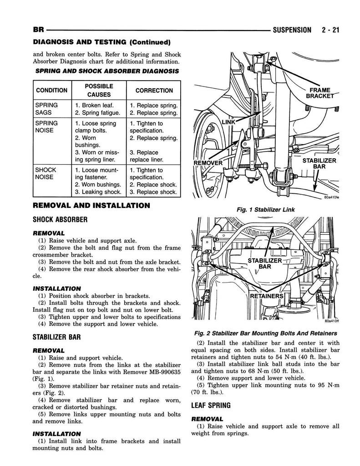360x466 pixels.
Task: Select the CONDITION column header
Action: (51, 91)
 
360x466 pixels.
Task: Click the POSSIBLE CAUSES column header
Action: (99, 91)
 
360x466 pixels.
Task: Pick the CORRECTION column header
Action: (154, 91)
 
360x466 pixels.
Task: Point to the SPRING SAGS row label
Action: (46, 109)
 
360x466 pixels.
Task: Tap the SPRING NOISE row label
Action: (46, 127)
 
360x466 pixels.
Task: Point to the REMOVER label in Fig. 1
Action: (208, 163)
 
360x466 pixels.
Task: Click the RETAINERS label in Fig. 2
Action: (267, 296)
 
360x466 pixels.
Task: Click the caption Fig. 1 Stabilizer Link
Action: (265, 210)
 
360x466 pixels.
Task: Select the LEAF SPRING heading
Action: (211, 405)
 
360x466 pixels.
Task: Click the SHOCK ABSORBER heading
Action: (60, 219)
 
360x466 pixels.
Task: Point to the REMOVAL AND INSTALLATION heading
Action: (91, 206)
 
